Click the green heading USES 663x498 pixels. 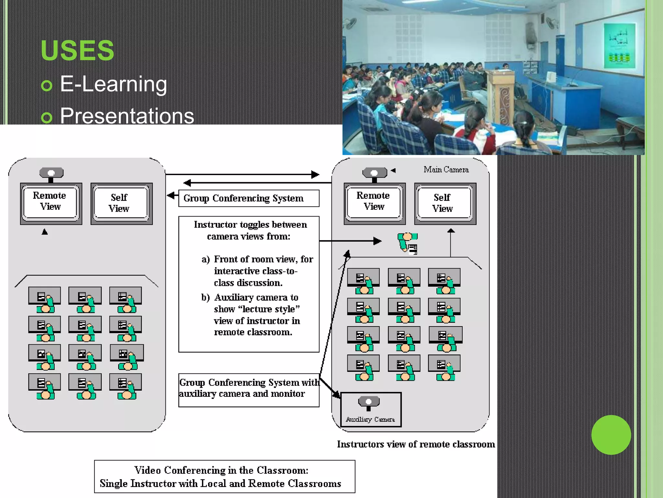pos(77,51)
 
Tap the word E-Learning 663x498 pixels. pos(113,84)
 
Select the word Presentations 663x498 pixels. pos(127,116)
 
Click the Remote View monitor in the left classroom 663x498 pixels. pos(51,203)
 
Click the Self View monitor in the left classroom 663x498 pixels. pos(121,203)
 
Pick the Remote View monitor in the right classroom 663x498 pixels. pos(374,203)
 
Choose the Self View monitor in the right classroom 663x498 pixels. pos(445,203)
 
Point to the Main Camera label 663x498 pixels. pos(446,170)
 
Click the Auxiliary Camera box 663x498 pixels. pos(371,409)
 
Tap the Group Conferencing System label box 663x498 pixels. pos(249,198)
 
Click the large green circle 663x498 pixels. pos(611,435)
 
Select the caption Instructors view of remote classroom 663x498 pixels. pos(416,444)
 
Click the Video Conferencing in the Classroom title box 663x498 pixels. pos(224,477)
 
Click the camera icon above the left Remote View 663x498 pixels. pos(51,173)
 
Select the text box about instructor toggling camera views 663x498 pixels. pos(249,284)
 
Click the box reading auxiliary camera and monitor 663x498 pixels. pos(249,390)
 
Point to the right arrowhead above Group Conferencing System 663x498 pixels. pos(315,174)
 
